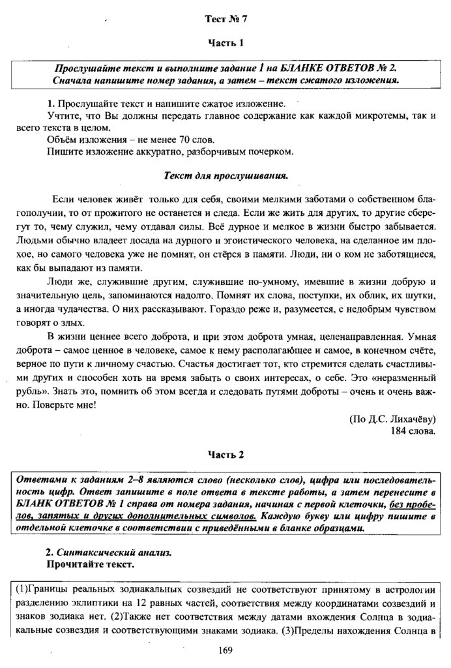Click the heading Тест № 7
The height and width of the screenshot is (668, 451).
(225, 20)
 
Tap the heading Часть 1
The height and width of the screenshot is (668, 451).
(225, 43)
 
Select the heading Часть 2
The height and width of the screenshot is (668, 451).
(225, 454)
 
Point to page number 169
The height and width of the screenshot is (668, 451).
(226, 650)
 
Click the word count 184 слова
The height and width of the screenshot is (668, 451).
(413, 431)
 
